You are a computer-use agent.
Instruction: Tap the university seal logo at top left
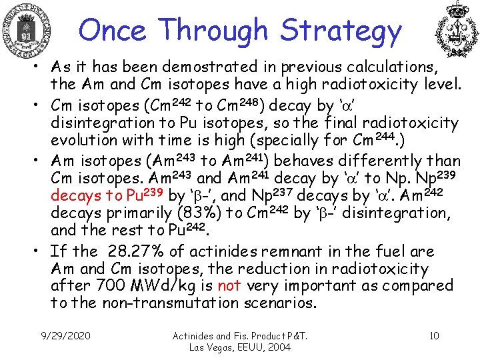click(27, 31)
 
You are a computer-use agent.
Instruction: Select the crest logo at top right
click(457, 31)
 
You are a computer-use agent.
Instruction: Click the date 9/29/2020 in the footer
click(66, 335)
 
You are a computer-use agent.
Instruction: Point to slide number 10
click(434, 335)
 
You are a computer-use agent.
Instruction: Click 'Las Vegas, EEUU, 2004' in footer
click(239, 347)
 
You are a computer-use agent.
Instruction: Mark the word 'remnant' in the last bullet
click(282, 251)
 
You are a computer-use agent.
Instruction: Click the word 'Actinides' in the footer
click(195, 335)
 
